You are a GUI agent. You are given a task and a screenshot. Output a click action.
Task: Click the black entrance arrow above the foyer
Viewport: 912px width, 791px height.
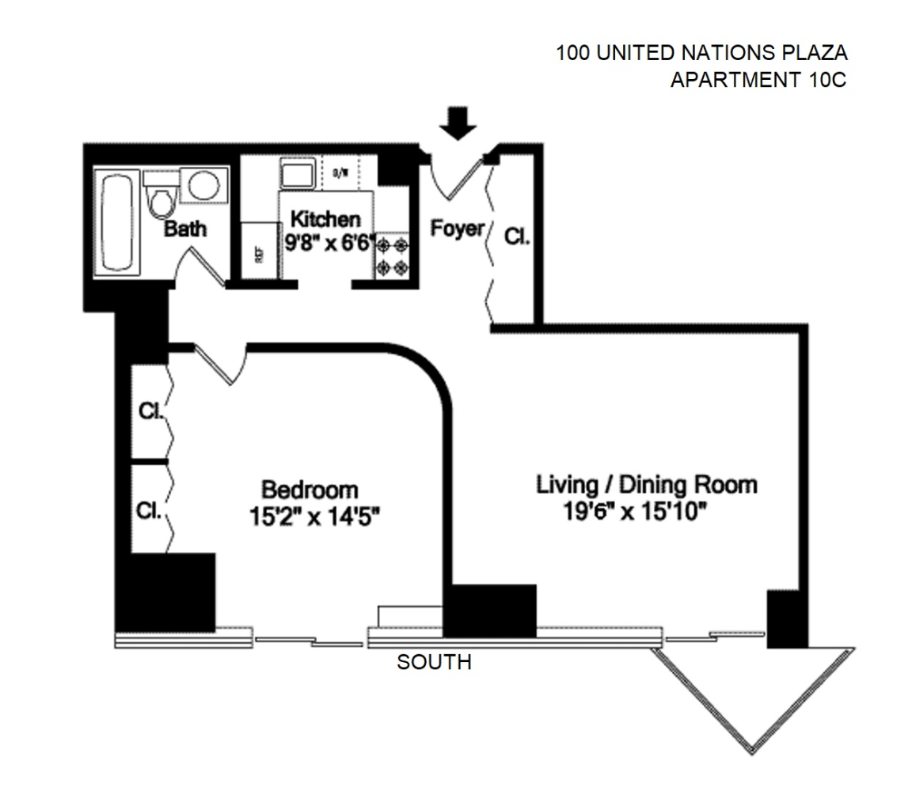tap(458, 123)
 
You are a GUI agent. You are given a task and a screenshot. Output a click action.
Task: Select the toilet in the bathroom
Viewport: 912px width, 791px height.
tap(161, 198)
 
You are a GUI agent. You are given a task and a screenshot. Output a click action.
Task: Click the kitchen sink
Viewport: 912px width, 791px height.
tap(298, 173)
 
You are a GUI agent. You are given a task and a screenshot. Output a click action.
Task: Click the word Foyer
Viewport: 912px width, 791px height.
tap(457, 229)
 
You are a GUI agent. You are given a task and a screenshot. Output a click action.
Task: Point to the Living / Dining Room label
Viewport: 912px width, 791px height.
tap(647, 484)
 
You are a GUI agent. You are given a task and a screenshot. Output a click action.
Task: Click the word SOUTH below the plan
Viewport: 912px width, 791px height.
tap(434, 662)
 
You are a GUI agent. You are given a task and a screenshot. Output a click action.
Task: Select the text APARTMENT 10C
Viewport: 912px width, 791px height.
tap(758, 80)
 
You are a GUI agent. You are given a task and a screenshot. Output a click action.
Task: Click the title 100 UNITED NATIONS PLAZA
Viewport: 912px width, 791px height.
tap(701, 54)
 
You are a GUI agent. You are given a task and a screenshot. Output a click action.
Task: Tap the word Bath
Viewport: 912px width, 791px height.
tap(185, 229)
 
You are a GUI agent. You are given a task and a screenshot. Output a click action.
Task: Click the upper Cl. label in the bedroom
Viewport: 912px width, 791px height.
tap(150, 411)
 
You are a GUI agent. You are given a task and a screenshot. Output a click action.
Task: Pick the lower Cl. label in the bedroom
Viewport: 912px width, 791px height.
tap(149, 510)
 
